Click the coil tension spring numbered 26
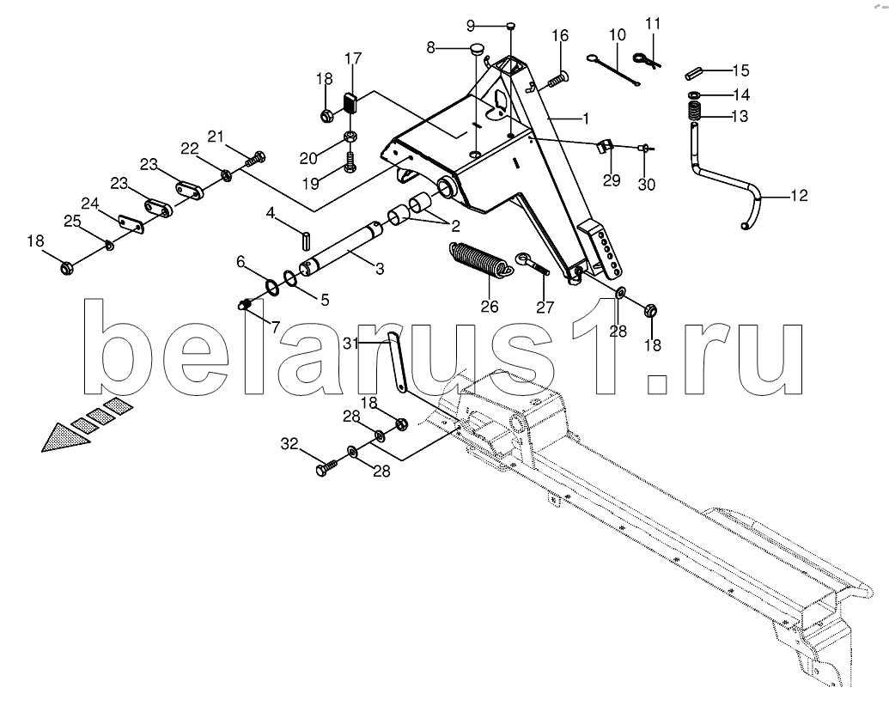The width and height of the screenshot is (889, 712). (482, 260)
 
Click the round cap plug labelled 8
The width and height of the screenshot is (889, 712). (478, 49)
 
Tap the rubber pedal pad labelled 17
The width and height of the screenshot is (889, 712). (351, 103)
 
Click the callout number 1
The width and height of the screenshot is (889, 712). (585, 119)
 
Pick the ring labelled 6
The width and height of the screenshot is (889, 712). (271, 288)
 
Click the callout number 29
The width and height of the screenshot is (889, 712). (612, 180)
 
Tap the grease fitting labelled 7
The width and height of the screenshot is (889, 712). (244, 305)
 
